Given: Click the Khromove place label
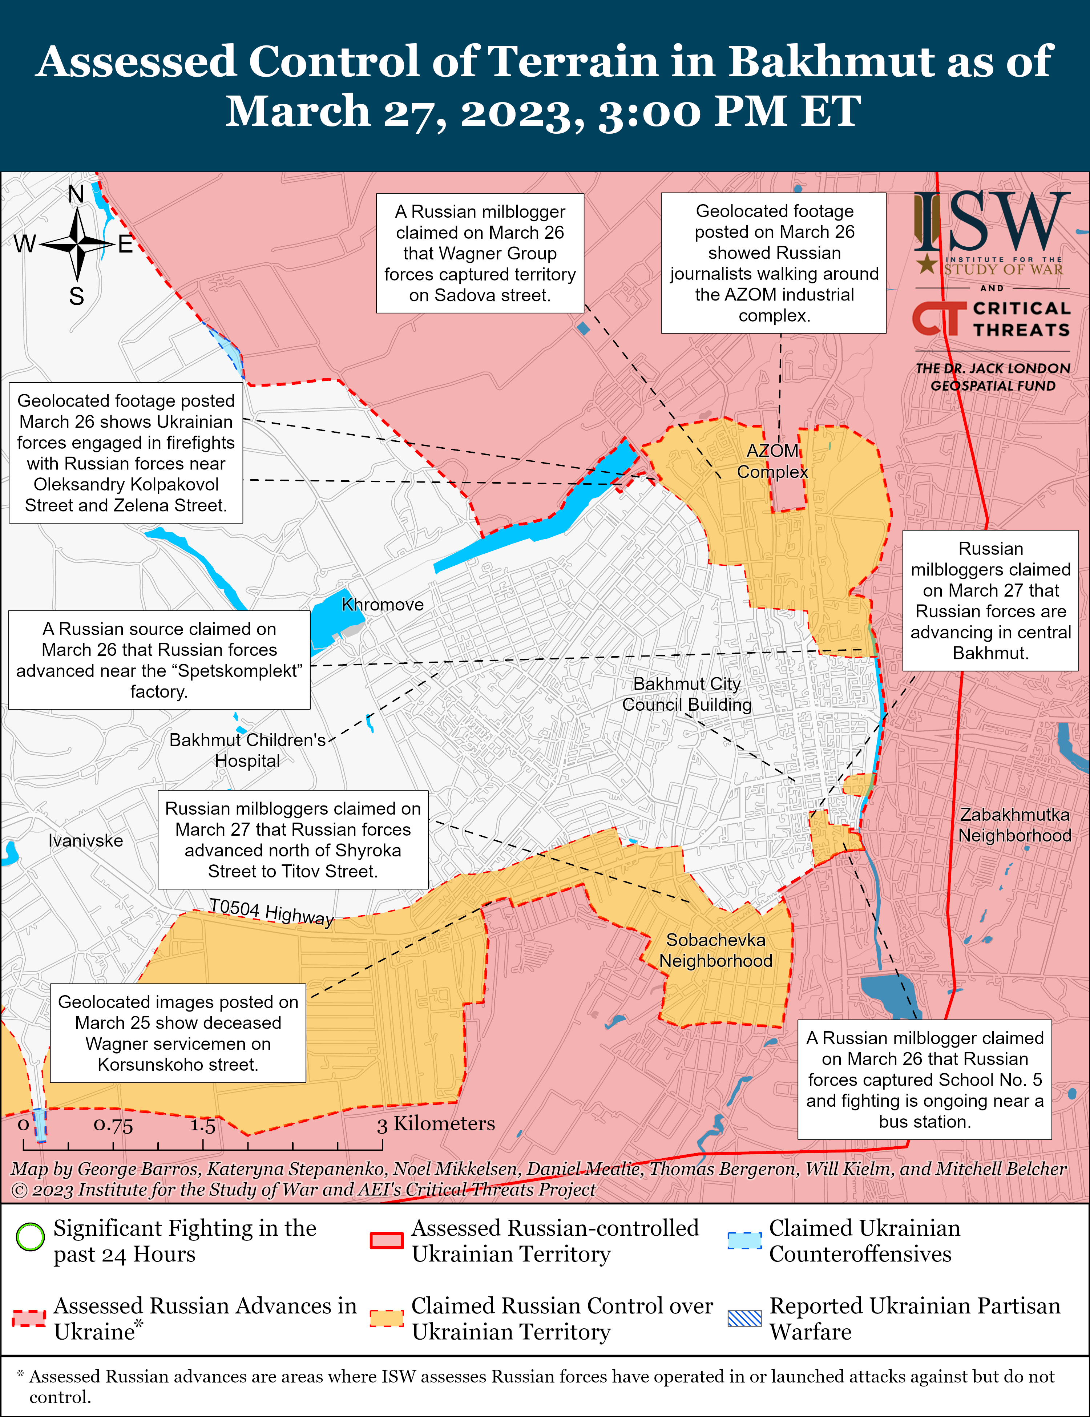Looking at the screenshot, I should pos(382,605).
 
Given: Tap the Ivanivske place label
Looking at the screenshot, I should pos(86,841).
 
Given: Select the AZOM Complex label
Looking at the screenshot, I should pos(772,461).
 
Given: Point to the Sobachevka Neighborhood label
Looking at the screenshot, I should pos(716,950).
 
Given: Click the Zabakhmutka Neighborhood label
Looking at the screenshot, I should pos(1015,825).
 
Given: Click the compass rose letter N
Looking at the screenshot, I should pos(77,194).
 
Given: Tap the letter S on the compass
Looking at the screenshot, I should pos(77,296).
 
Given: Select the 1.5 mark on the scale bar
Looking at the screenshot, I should pos(202,1125).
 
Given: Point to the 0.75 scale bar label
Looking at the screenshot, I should pos(113,1125).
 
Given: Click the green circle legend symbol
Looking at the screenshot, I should pos(30,1237).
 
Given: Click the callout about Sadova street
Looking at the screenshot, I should pos(480,253).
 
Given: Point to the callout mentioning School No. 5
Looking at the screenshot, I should pos(925,1079).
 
